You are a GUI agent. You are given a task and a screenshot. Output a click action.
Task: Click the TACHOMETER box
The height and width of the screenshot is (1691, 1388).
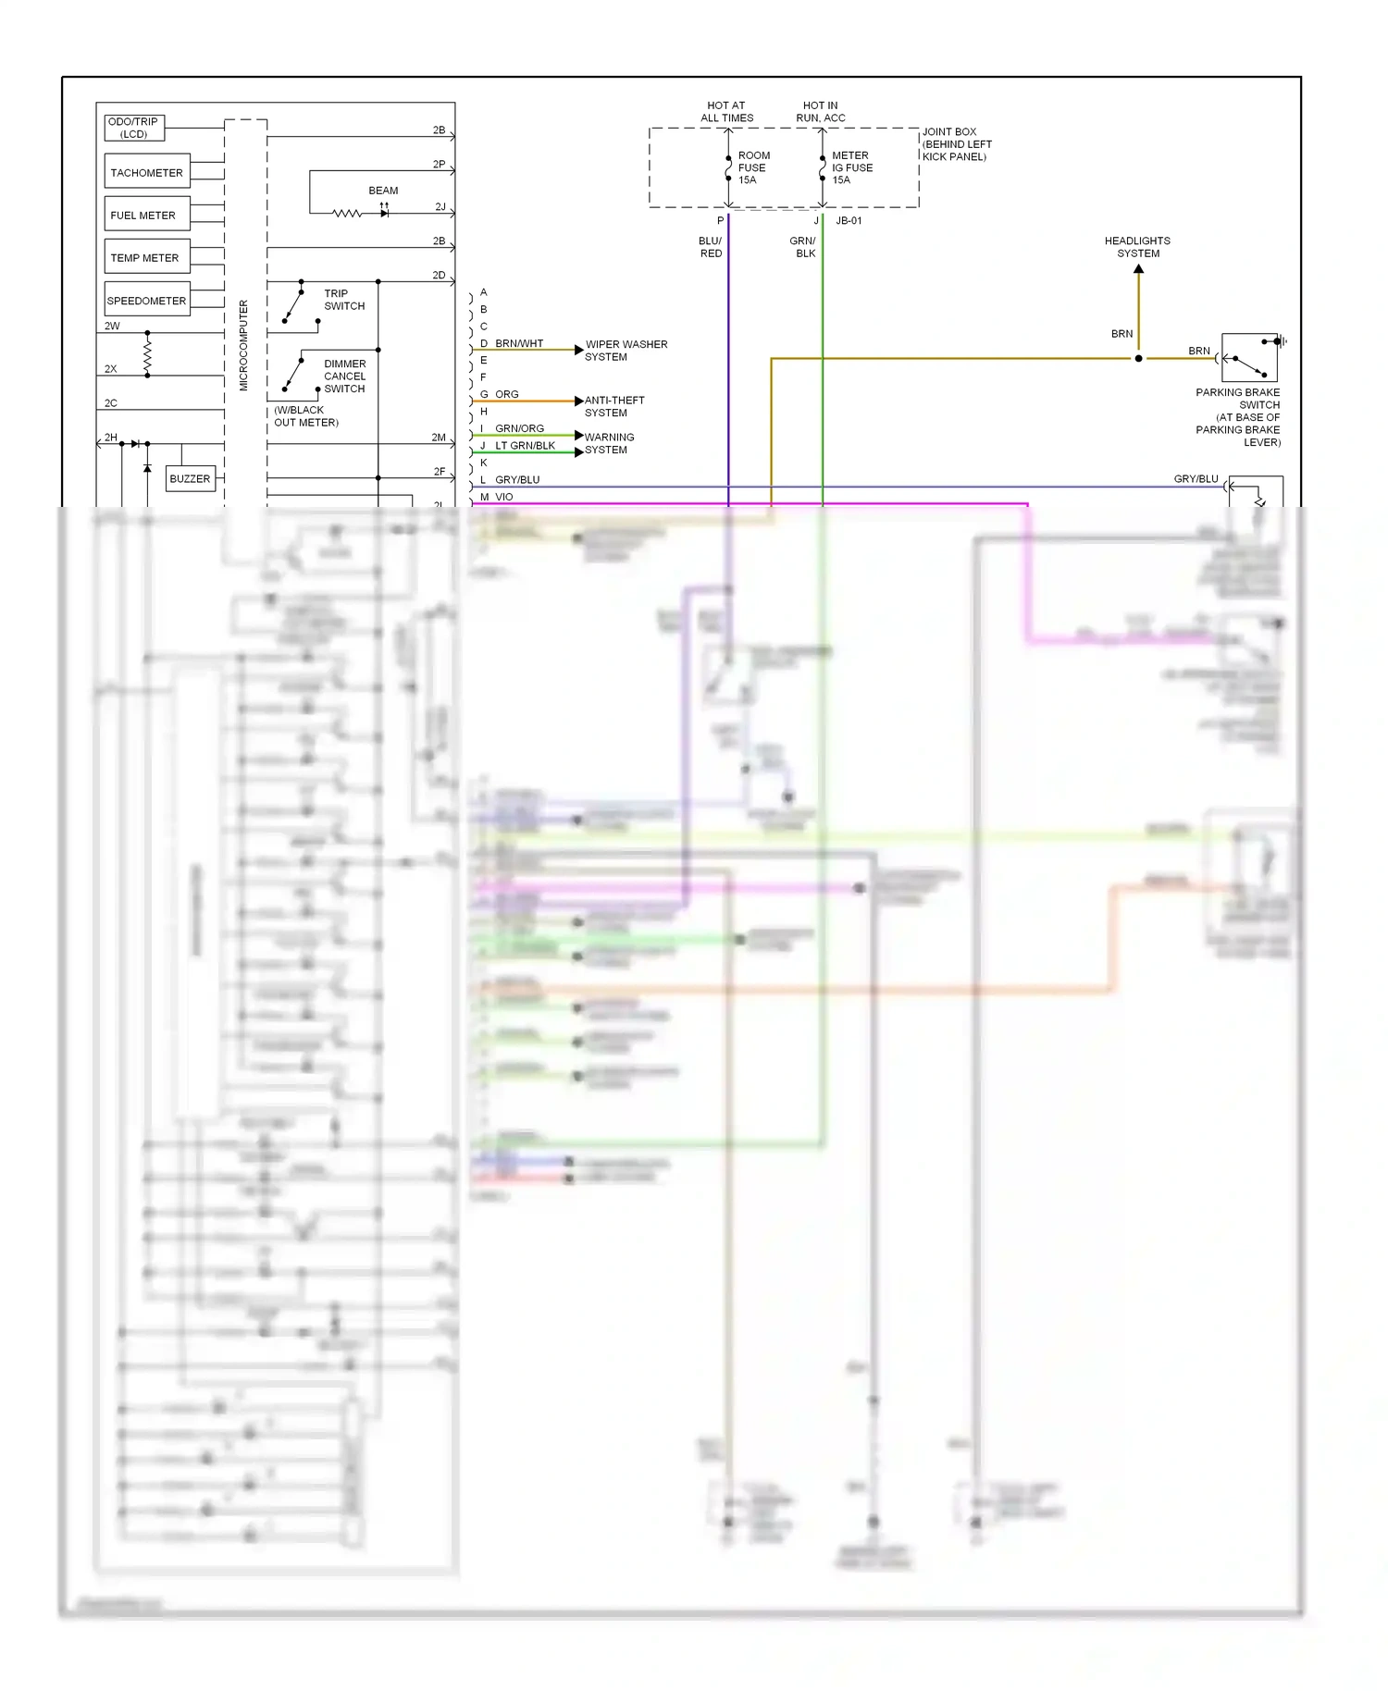tap(147, 172)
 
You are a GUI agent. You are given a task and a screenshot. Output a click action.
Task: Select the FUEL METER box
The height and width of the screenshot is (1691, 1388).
tap(147, 215)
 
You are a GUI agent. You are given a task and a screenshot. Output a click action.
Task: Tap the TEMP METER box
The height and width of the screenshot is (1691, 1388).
tap(147, 257)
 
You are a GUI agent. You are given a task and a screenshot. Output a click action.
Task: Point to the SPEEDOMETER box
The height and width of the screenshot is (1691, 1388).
tap(147, 300)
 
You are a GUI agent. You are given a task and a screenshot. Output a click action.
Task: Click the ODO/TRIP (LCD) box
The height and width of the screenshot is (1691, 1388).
tap(134, 128)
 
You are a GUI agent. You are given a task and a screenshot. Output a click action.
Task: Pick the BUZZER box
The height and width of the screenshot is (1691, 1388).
tap(190, 478)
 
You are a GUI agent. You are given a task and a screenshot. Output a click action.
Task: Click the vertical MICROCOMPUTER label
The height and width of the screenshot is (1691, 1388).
tap(244, 345)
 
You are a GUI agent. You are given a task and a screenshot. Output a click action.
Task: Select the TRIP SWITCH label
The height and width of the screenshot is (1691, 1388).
tap(344, 300)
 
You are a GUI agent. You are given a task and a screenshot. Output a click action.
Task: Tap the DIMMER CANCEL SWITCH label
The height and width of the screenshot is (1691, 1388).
tap(344, 376)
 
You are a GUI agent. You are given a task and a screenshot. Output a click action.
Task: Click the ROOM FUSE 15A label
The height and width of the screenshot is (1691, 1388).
tap(753, 167)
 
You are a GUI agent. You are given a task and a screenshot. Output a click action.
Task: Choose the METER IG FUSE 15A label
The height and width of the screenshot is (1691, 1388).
tap(851, 167)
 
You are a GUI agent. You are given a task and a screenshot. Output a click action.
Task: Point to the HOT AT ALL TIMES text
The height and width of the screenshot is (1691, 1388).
tap(726, 112)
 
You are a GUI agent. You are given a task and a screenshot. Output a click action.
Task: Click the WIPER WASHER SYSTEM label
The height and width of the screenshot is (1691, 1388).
tap(626, 351)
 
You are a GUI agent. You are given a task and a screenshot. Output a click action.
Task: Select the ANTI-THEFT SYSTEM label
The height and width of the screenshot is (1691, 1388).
tap(613, 406)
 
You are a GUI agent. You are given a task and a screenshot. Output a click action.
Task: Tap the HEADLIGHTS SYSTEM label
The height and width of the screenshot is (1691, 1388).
tap(1137, 247)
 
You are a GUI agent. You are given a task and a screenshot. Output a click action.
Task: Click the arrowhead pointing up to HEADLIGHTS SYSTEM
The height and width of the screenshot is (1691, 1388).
tap(1139, 269)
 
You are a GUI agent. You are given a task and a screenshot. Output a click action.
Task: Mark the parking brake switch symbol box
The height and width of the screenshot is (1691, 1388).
tap(1249, 357)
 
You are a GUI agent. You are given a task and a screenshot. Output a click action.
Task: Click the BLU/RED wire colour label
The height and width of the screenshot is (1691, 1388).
tap(711, 247)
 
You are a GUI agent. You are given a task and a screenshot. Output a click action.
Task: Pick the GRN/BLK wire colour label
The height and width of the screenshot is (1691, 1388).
tap(803, 247)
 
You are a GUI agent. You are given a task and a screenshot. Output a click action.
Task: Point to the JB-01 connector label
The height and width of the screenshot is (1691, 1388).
tap(849, 221)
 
